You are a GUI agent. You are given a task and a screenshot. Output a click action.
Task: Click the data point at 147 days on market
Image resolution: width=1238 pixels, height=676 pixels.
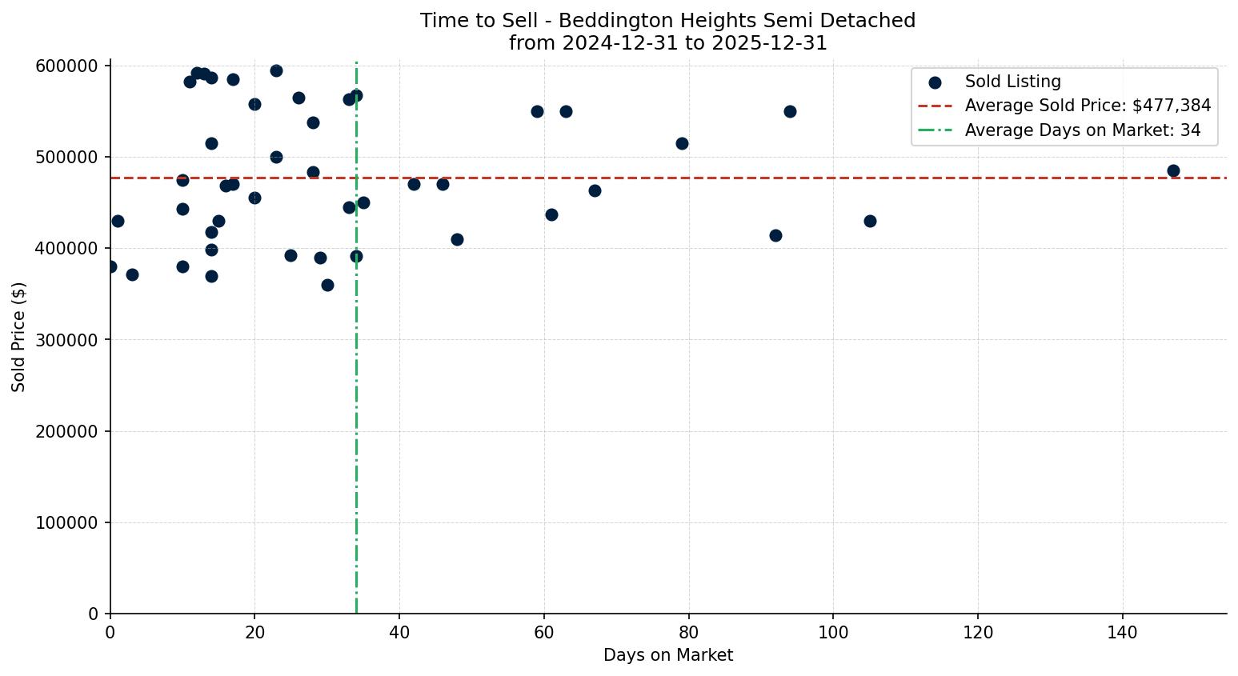(x=1173, y=170)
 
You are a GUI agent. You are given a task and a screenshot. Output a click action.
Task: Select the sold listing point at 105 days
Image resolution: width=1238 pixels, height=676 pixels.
(x=870, y=221)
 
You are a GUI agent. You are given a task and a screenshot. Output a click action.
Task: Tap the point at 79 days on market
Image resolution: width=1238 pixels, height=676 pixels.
(x=682, y=143)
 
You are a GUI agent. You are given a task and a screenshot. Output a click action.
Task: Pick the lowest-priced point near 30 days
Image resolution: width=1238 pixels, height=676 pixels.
(x=327, y=285)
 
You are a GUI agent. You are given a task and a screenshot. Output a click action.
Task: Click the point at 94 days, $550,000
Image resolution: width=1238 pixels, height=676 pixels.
(x=790, y=111)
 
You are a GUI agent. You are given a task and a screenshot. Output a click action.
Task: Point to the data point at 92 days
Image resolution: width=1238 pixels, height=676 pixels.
(x=775, y=235)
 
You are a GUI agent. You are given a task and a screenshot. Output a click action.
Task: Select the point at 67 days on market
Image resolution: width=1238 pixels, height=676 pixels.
(x=595, y=190)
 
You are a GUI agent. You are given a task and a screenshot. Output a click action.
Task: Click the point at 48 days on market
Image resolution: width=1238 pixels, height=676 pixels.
(x=457, y=239)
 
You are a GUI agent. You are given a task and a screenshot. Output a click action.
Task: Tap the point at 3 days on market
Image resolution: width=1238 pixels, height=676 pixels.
(x=132, y=274)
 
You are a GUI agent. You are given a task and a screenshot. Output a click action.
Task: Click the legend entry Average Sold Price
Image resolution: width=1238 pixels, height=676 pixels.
(x=1087, y=106)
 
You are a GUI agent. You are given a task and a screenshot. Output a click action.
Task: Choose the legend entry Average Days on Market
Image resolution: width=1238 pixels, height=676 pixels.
(x=1082, y=130)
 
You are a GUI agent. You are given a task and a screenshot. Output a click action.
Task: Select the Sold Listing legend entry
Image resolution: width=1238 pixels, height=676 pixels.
(x=1012, y=82)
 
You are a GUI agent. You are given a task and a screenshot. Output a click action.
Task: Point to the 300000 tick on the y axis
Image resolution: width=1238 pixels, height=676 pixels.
(x=68, y=340)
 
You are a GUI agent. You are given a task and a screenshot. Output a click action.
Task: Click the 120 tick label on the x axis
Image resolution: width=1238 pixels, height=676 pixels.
(x=978, y=633)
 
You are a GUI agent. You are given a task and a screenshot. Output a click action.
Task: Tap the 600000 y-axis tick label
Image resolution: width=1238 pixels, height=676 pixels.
(x=68, y=66)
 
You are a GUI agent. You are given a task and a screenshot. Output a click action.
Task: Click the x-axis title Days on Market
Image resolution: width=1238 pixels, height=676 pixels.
(x=668, y=655)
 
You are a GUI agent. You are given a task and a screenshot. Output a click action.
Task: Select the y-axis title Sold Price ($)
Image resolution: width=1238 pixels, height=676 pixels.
(x=18, y=337)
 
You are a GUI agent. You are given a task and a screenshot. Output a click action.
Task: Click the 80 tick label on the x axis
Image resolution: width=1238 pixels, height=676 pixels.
(x=688, y=633)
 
